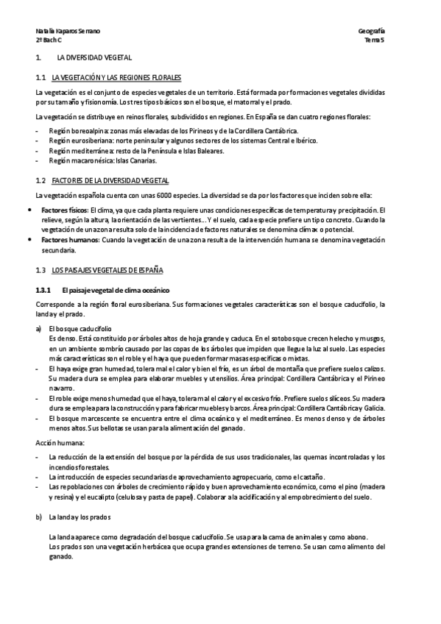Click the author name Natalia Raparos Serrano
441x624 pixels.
68,31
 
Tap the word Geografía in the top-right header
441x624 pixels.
371,31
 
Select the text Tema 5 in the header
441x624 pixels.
375,40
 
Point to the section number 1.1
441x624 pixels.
41,77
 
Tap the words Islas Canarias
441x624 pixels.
136,160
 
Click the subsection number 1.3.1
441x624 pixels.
46,288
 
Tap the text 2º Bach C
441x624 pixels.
49,40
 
